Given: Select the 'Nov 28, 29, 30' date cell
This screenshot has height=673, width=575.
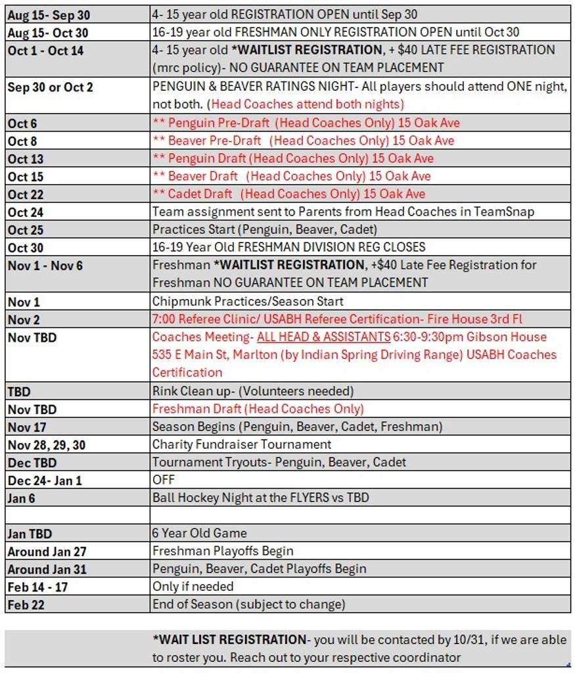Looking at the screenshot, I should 46,445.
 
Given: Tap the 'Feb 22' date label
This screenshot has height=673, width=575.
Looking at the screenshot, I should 26,605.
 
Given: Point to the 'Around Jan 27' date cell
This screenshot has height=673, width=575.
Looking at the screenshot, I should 47,551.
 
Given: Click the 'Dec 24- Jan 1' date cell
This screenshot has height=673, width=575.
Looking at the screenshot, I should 45,480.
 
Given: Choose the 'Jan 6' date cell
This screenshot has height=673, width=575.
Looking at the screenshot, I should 22,498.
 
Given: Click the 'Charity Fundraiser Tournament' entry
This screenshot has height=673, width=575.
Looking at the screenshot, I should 242,444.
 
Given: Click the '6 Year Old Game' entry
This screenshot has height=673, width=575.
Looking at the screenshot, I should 200,533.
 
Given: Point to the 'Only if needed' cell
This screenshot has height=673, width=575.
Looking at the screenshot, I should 193,586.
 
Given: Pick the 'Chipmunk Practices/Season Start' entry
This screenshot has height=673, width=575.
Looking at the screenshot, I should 248,301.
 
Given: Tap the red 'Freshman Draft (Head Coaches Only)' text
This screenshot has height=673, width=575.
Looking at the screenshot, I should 258,409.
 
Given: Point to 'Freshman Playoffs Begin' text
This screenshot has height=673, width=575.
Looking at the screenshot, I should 223,551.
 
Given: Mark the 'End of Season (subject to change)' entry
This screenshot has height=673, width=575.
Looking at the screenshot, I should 248,604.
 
